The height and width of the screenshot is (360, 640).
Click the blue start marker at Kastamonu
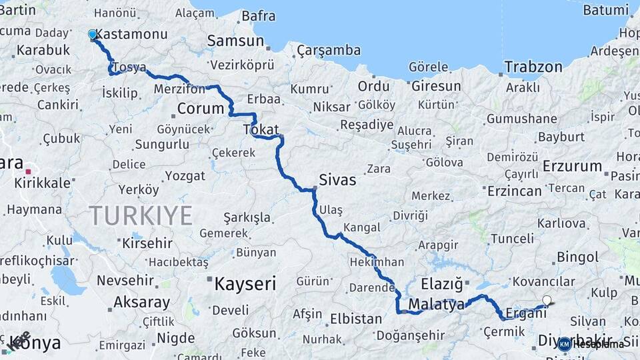[93, 34]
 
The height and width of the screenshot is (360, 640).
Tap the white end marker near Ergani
[547, 301]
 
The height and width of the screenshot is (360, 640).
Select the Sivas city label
[337, 180]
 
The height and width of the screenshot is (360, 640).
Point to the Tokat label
[261, 129]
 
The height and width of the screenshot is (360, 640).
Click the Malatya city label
[436, 305]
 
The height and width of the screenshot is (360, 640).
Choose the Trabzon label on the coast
[533, 67]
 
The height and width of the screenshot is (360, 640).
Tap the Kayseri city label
[245, 284]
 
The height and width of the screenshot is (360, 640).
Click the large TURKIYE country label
[141, 216]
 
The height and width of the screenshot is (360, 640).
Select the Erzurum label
[572, 166]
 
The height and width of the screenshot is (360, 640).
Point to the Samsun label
[235, 41]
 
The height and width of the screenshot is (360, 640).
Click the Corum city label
[201, 108]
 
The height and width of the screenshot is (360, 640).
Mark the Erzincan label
[515, 191]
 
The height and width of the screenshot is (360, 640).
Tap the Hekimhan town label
[377, 262]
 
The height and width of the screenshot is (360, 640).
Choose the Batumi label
[605, 10]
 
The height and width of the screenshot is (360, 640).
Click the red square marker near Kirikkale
[28, 171]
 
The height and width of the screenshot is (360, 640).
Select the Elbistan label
[356, 319]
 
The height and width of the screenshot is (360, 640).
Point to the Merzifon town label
[179, 89]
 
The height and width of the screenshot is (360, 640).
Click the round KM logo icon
[565, 344]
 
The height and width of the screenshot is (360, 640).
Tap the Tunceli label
[512, 239]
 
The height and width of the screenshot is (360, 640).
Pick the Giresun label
[436, 86]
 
